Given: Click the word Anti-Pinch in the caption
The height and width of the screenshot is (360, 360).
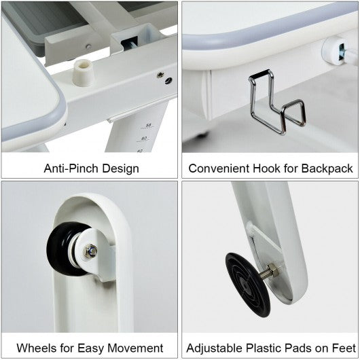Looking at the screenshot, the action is pyautogui.click(x=71, y=168).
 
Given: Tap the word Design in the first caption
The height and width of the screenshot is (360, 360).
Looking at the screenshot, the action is pyautogui.click(x=120, y=169).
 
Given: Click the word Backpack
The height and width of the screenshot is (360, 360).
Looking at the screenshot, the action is pyautogui.click(x=327, y=169).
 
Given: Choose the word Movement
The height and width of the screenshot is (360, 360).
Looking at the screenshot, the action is pyautogui.click(x=135, y=348).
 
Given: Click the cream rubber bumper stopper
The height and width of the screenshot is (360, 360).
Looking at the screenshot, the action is pyautogui.click(x=83, y=73).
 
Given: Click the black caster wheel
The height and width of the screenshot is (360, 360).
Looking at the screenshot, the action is pyautogui.click(x=62, y=249).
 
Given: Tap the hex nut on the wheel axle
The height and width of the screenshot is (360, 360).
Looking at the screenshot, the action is pyautogui.click(x=90, y=251).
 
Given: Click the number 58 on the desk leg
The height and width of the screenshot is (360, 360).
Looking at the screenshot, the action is pyautogui.click(x=149, y=126).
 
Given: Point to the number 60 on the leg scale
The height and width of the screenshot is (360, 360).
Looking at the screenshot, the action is pyautogui.click(x=144, y=138).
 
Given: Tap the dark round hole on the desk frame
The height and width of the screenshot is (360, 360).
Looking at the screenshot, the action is pyautogui.click(x=168, y=81).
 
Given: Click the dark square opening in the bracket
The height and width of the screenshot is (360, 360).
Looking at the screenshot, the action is pyautogui.click(x=129, y=44).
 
